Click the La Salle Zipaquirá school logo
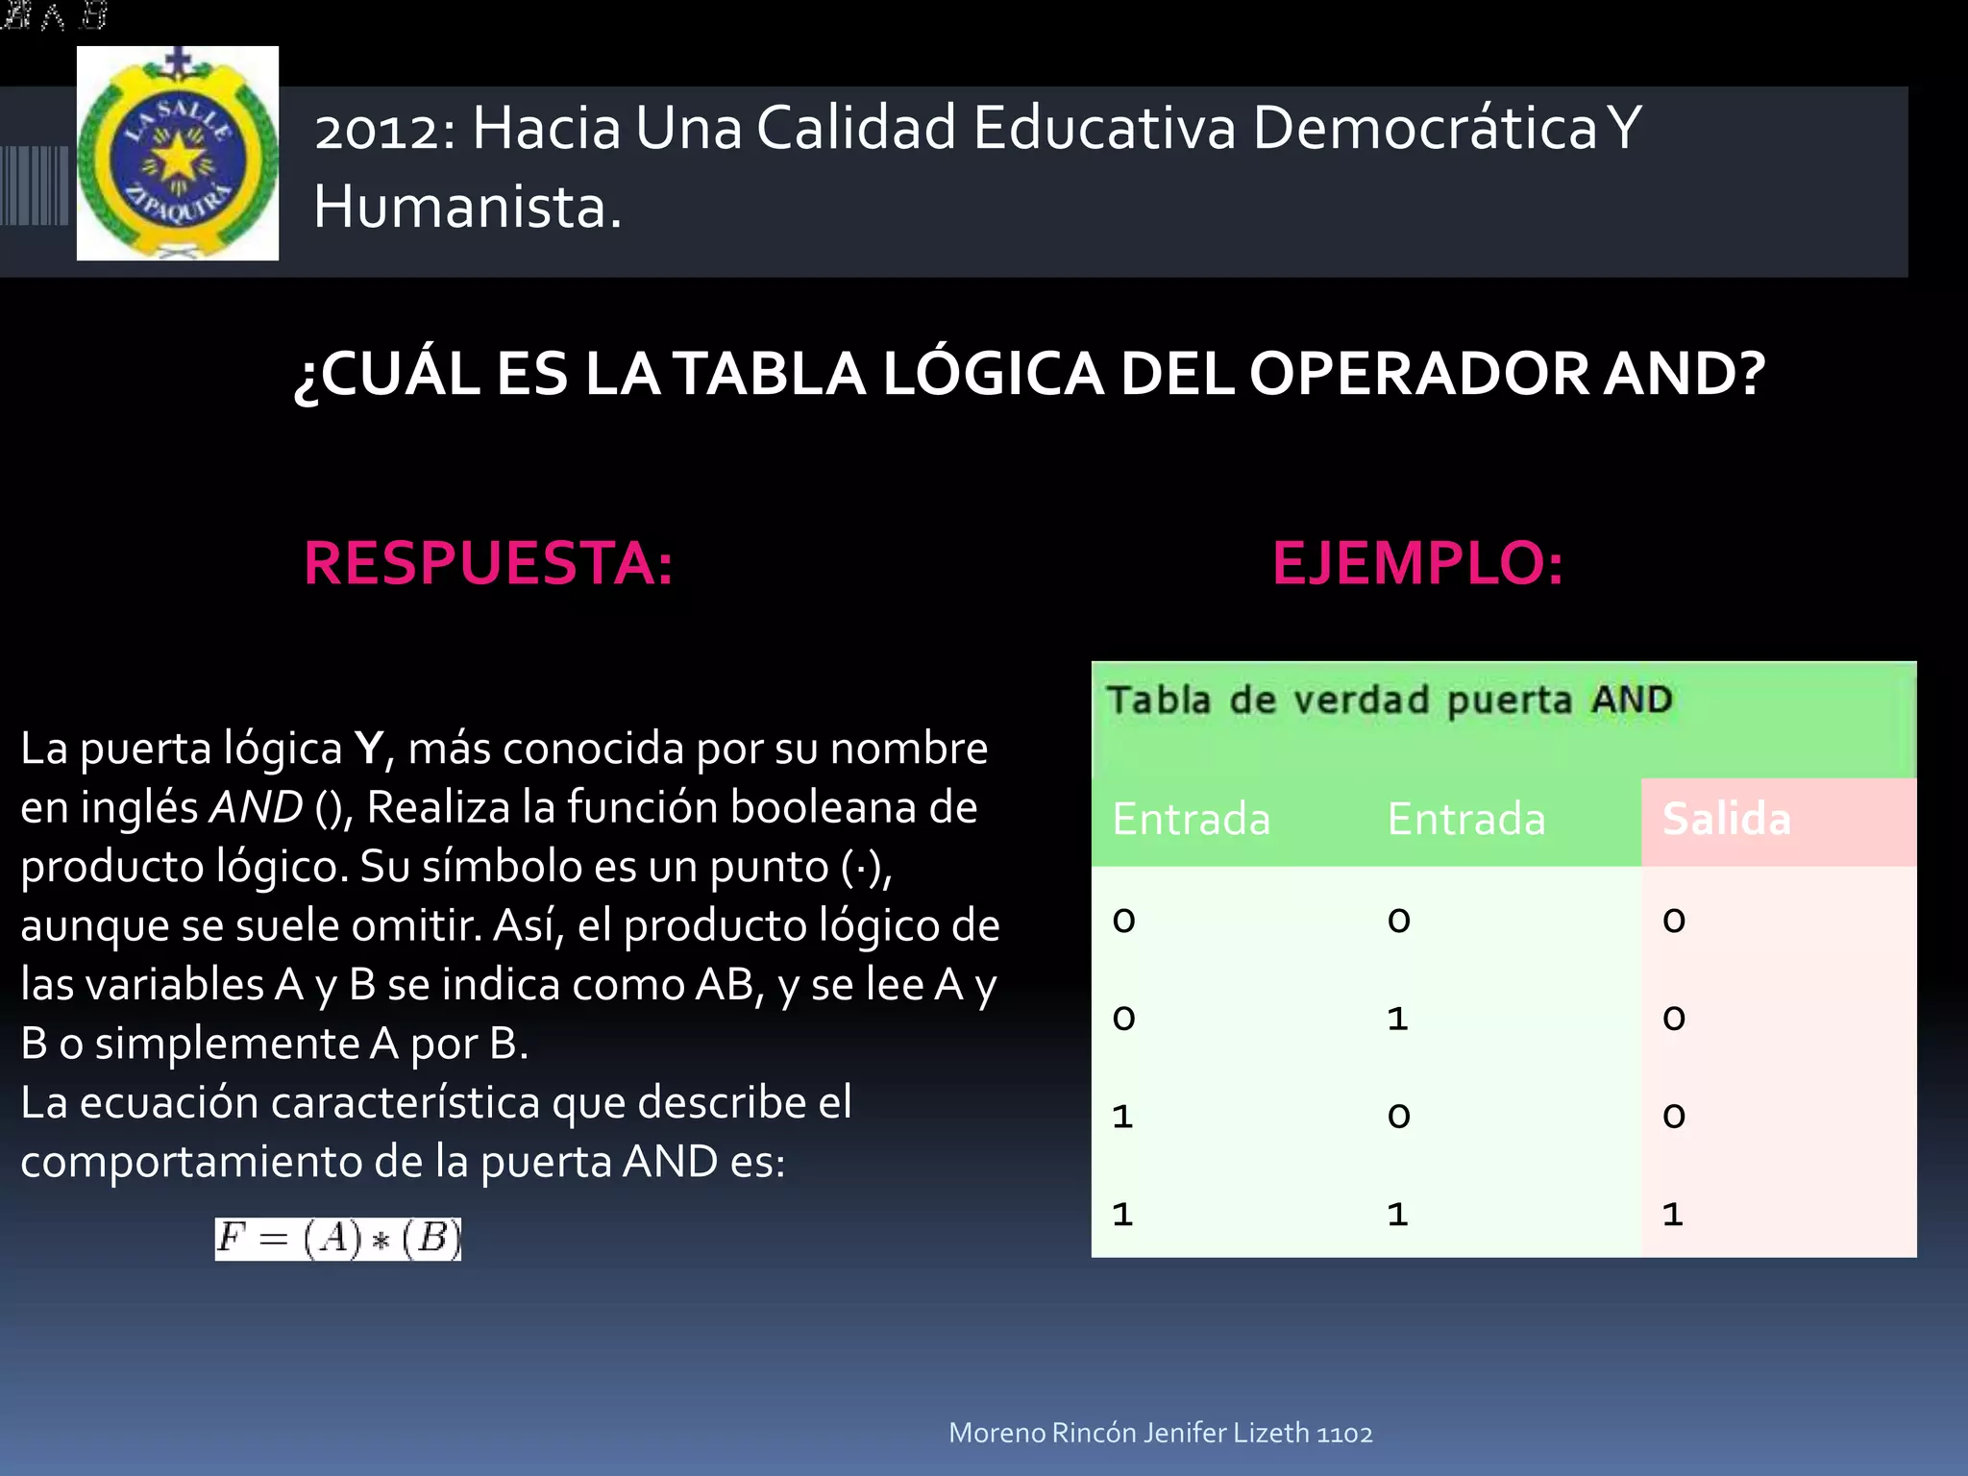click(178, 154)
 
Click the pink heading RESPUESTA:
click(488, 563)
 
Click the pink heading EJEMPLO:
click(1417, 563)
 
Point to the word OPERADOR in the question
click(1418, 374)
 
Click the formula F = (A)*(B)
click(337, 1239)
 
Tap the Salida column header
click(1726, 820)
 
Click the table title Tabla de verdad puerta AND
click(1390, 701)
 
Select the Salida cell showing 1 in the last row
click(1673, 1215)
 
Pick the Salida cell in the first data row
click(1674, 921)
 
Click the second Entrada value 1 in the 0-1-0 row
click(1397, 1019)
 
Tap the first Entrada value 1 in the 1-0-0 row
click(1122, 1117)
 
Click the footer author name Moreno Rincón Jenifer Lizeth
click(1128, 1433)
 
